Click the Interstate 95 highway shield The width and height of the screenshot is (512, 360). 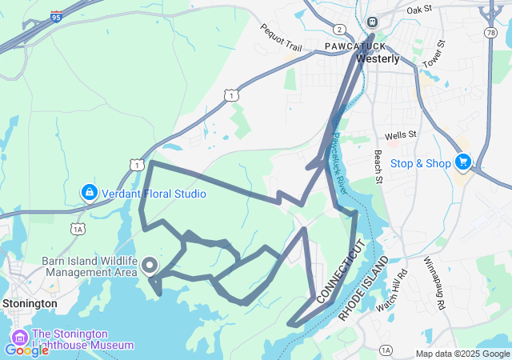(55, 16)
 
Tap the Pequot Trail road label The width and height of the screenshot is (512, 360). (281, 38)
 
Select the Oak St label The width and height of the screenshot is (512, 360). (418, 10)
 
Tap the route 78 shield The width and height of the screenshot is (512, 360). (487, 32)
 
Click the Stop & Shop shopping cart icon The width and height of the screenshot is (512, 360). (462, 162)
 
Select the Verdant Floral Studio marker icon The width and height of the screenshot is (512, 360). (89, 193)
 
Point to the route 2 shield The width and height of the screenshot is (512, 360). (340, 29)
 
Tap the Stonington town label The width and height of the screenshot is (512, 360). (30, 304)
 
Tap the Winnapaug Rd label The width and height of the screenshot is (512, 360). (439, 272)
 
